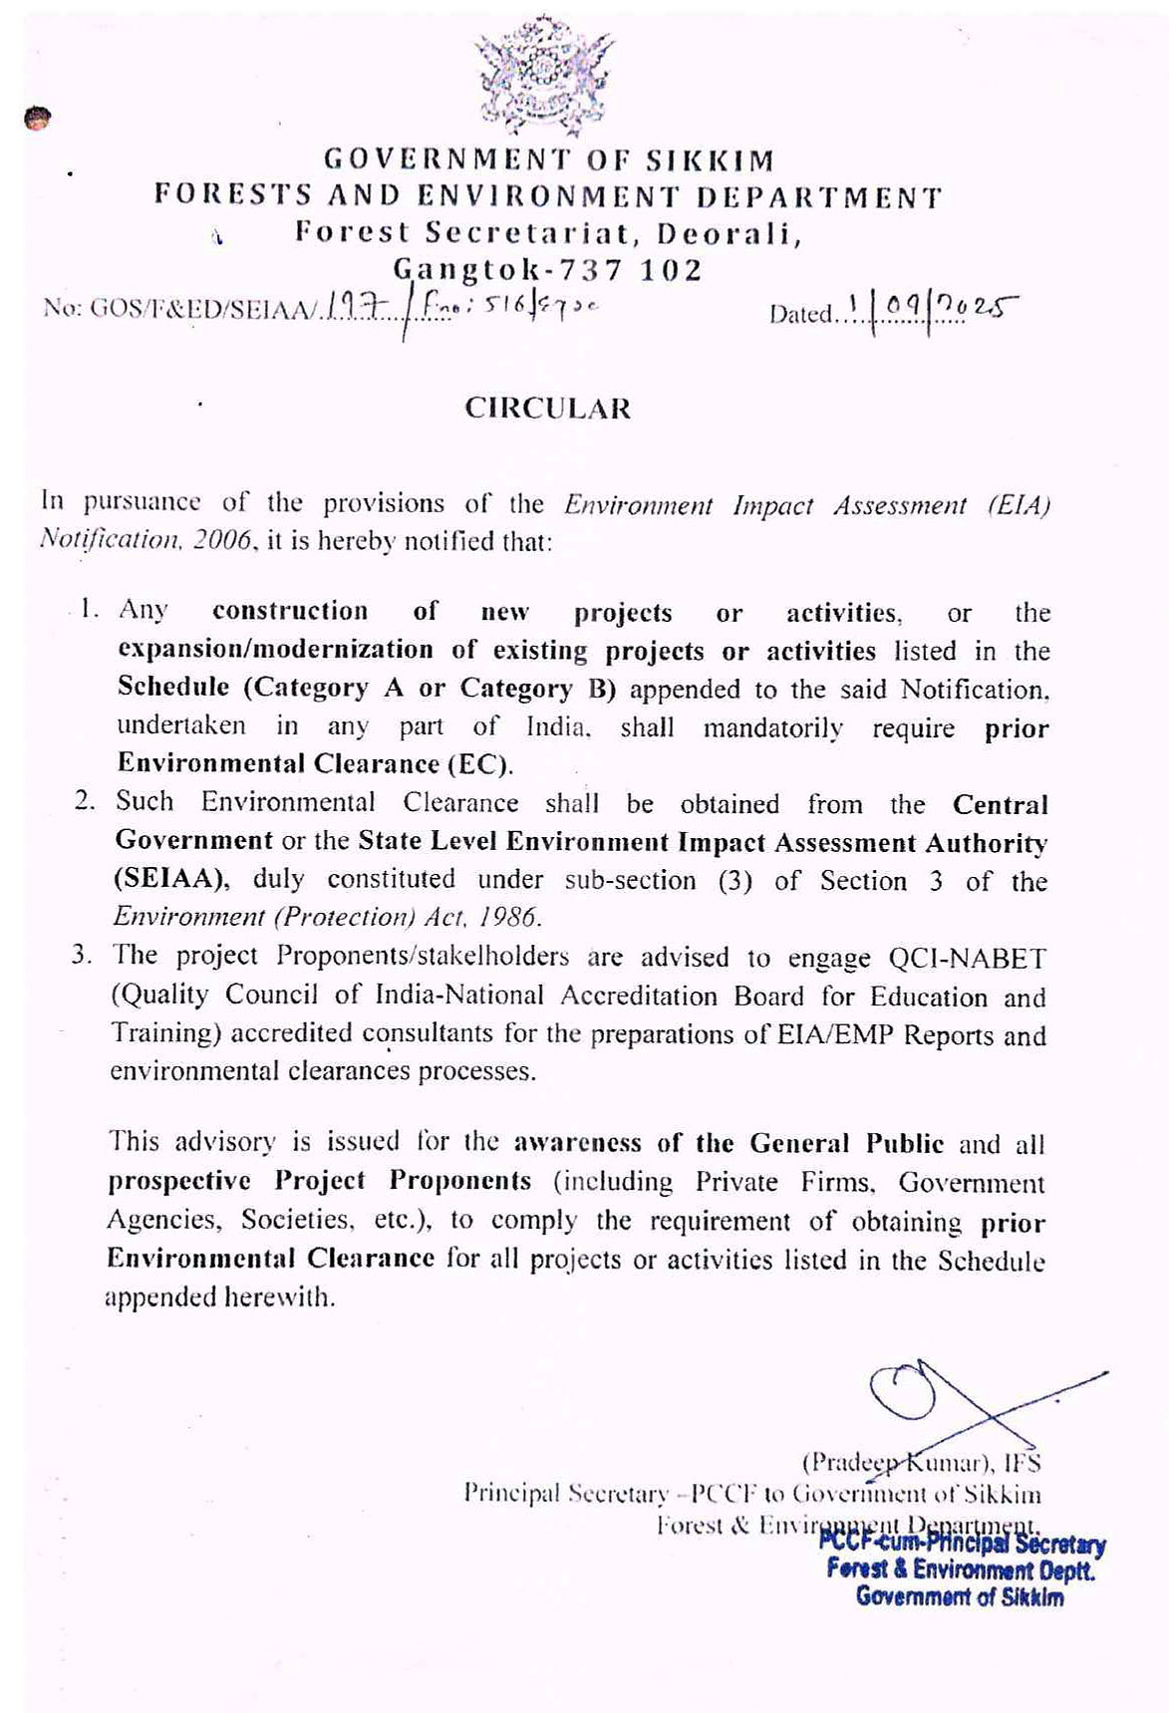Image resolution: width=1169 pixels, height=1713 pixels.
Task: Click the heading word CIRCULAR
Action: tap(547, 409)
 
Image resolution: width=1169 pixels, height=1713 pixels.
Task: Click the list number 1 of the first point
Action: tap(91, 609)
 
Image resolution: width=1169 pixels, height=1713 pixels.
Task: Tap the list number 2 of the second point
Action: tap(85, 801)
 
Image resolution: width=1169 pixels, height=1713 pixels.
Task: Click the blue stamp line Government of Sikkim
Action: tap(959, 1596)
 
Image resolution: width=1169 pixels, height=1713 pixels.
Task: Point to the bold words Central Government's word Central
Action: tap(1000, 804)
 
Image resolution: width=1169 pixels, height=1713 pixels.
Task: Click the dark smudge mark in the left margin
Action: tap(37, 119)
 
